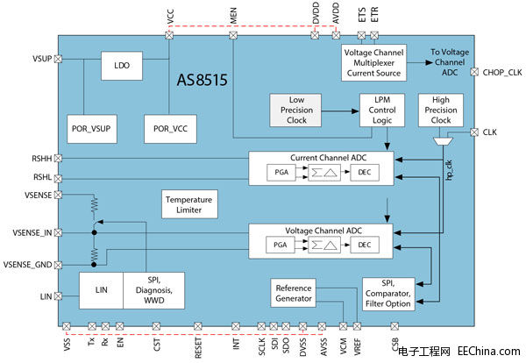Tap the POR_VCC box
pos(169,128)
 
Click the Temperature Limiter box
pos(189,204)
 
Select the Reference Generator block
pos(294,293)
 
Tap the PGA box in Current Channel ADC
pos(281,172)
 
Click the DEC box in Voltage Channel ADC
pos(361,245)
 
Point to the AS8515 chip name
pos(203,81)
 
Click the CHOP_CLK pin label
pos(501,72)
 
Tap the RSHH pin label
pos(40,159)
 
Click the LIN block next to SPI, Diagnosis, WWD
pos(101,290)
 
